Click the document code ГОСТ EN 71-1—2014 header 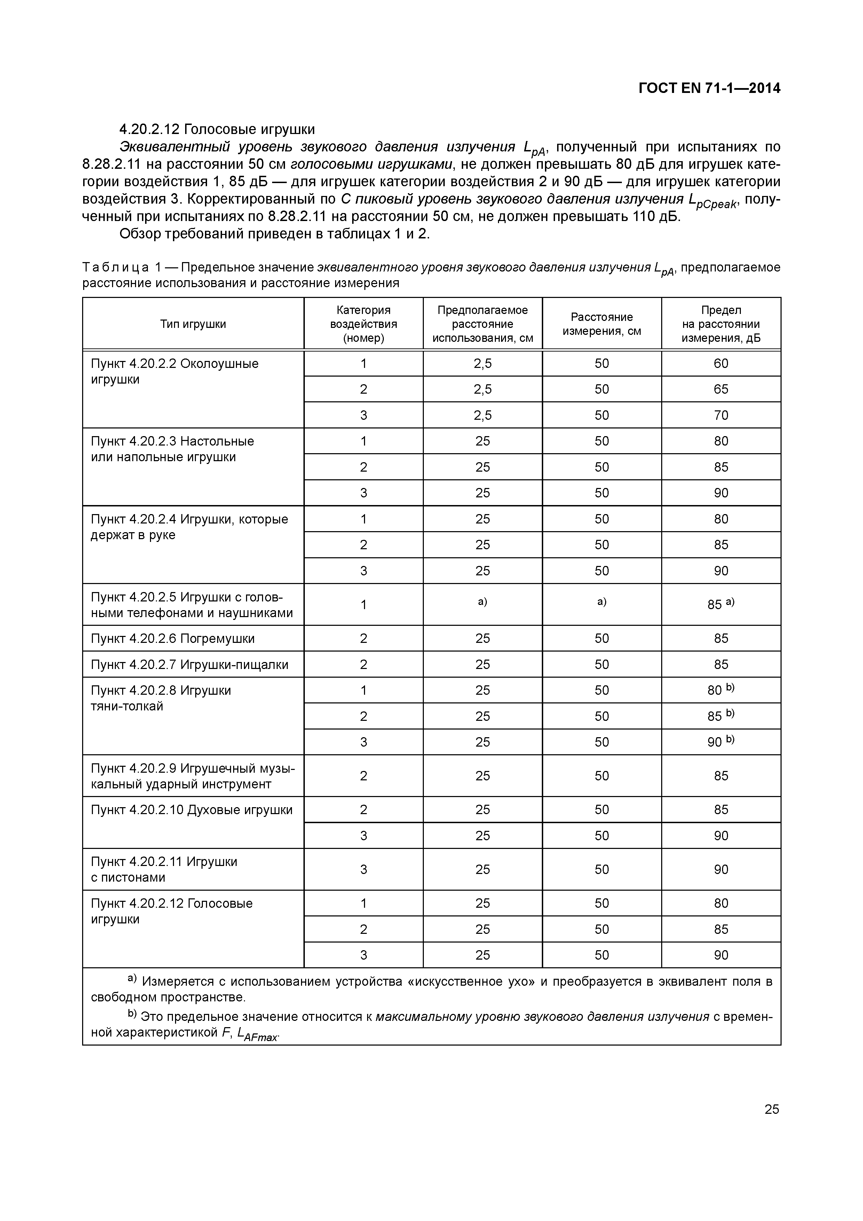point(709,88)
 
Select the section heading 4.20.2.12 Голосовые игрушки point(217,129)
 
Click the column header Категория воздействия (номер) point(363,324)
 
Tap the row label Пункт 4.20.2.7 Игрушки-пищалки point(189,665)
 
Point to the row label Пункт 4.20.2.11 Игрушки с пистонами point(164,869)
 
